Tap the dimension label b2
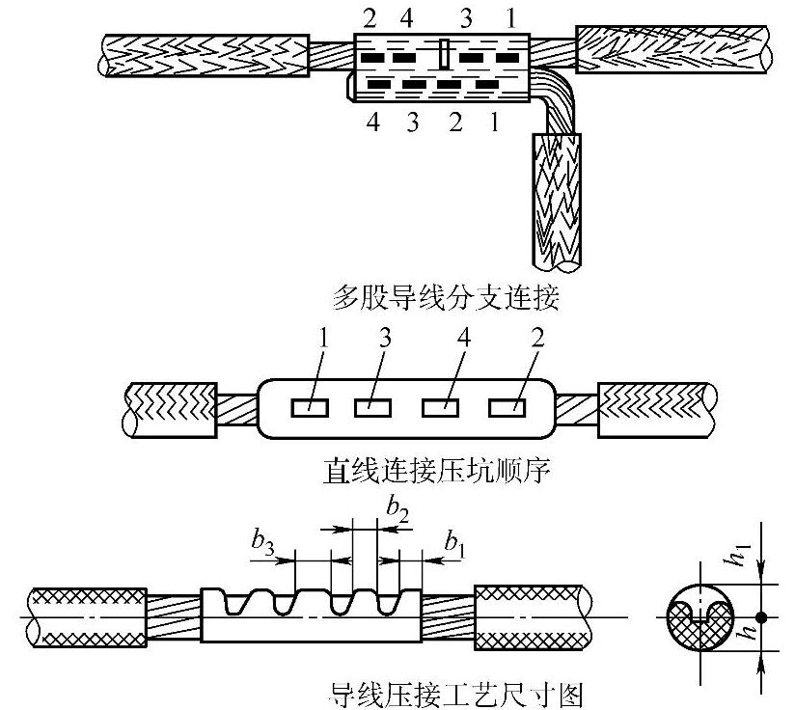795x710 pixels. point(397,506)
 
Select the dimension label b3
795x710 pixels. point(261,544)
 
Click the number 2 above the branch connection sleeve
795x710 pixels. point(369,17)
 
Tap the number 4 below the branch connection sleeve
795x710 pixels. point(374,123)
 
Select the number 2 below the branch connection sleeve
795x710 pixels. point(455,123)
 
